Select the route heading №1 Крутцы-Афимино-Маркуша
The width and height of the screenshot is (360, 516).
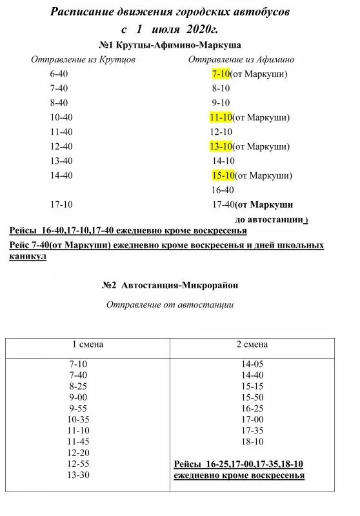(170, 46)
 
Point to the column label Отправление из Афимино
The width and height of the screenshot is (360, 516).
(241, 60)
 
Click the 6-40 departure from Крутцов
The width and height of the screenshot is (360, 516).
(59, 74)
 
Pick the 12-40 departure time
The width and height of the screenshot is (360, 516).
(61, 146)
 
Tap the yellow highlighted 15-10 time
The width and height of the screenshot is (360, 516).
(223, 175)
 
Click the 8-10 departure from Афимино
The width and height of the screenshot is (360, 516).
(221, 88)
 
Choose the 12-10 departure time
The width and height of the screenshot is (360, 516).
(221, 132)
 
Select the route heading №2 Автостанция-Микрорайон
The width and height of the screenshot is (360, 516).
(174, 284)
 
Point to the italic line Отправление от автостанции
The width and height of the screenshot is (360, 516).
(170, 305)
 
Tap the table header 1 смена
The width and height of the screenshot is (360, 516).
(87, 345)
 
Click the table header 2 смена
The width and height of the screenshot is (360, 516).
(252, 345)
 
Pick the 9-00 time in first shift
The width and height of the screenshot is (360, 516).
(78, 397)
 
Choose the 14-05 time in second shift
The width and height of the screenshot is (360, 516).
(252, 364)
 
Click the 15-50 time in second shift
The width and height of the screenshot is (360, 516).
(252, 397)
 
